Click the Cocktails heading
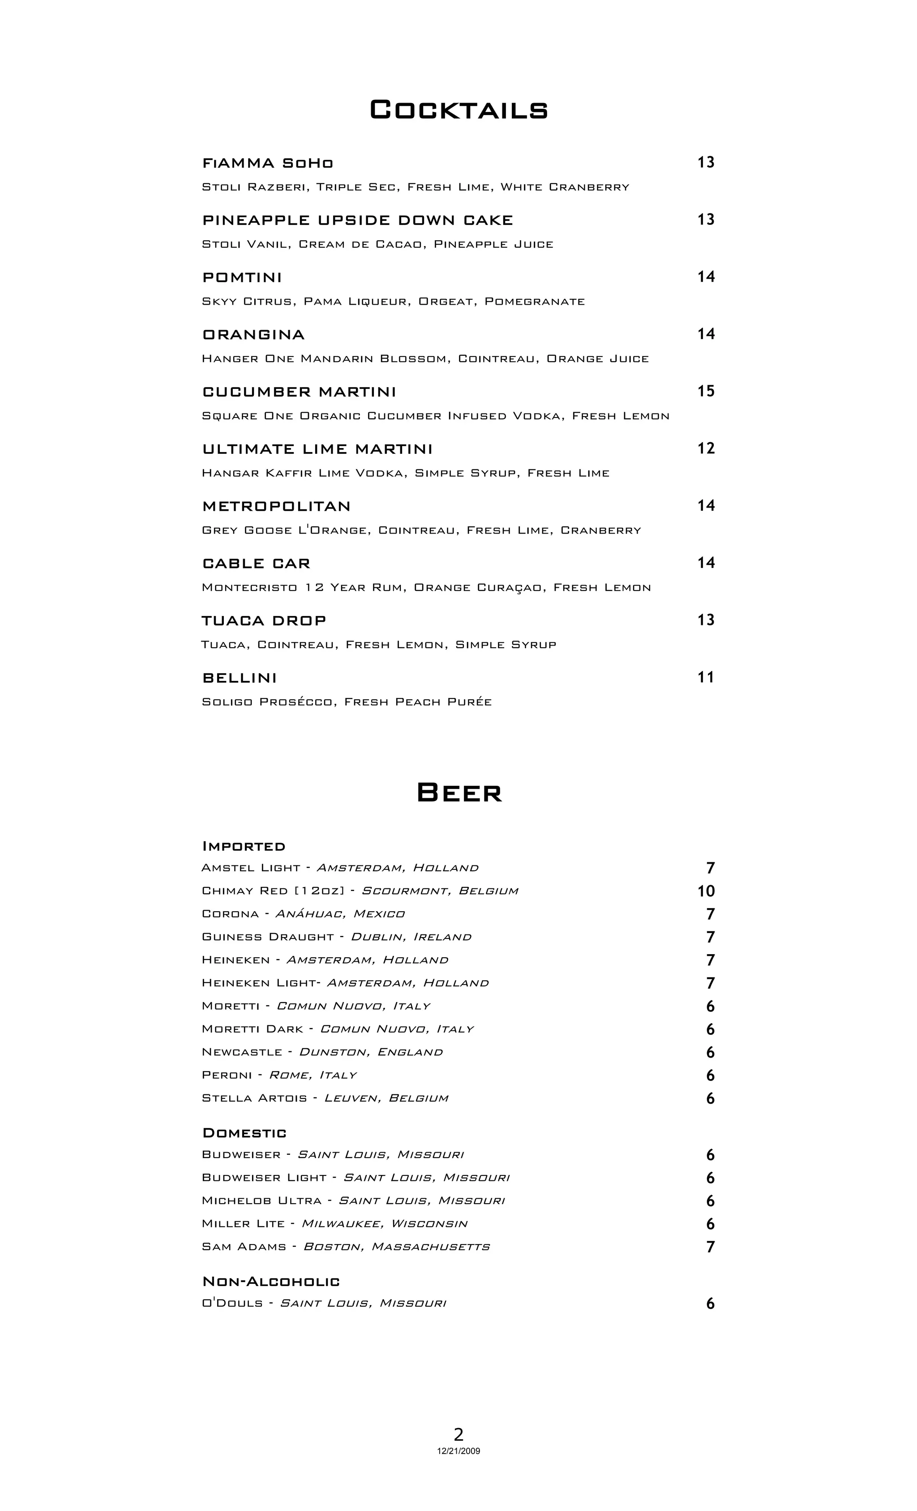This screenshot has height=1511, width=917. pyautogui.click(x=458, y=110)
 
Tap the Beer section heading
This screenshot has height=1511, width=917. pyautogui.click(x=459, y=793)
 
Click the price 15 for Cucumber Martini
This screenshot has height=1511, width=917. pyautogui.click(x=706, y=391)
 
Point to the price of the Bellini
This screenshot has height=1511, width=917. pyautogui.click(x=706, y=678)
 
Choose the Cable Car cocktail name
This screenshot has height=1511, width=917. pyautogui.click(x=256, y=564)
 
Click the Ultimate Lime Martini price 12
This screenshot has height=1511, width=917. pyautogui.click(x=706, y=449)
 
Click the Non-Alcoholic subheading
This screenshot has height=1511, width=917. pyautogui.click(x=271, y=1282)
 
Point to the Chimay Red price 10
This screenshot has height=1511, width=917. pyautogui.click(x=706, y=891)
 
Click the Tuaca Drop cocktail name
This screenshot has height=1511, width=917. pyautogui.click(x=264, y=620)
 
